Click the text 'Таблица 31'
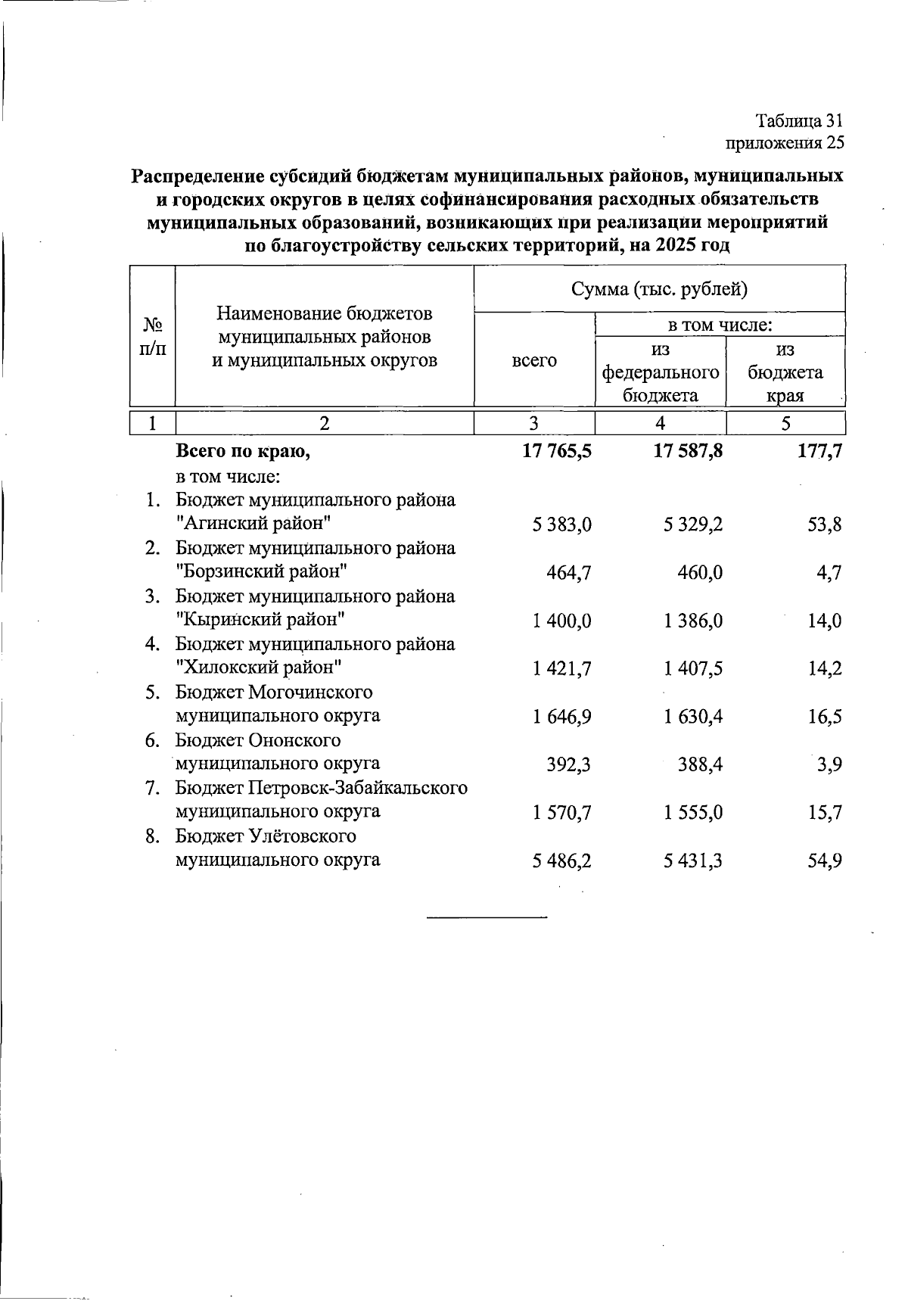coord(799,121)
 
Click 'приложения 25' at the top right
coord(785,142)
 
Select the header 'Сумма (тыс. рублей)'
coord(659,288)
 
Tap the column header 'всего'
coord(534,361)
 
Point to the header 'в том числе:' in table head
coord(720,325)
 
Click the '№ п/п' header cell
coord(153,336)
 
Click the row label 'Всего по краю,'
coord(244,452)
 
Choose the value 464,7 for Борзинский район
coord(569,573)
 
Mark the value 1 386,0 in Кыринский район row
coord(693,621)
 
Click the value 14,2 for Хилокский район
coord(825,669)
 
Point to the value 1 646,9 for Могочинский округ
coord(561,717)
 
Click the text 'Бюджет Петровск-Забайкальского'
coord(322,789)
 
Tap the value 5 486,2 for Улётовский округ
coord(561,861)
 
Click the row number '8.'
coord(154,837)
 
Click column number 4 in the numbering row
coord(661,423)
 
